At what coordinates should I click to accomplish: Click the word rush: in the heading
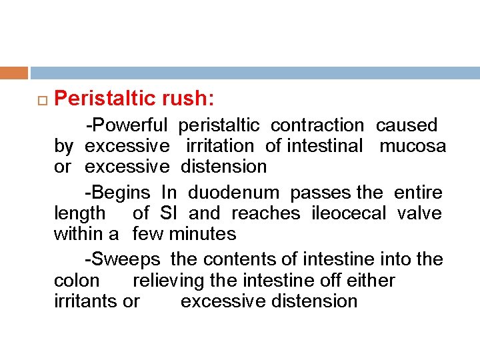[x=187, y=99]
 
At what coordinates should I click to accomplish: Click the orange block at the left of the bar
[x=14, y=73]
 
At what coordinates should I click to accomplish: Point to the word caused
[x=407, y=125]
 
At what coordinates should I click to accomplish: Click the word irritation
[x=220, y=146]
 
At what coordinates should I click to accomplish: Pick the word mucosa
[x=413, y=146]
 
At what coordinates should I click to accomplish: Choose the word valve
[x=419, y=213]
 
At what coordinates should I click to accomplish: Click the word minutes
[x=203, y=234]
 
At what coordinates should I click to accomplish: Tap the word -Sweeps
[x=122, y=259]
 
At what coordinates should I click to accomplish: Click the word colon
[x=76, y=280]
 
